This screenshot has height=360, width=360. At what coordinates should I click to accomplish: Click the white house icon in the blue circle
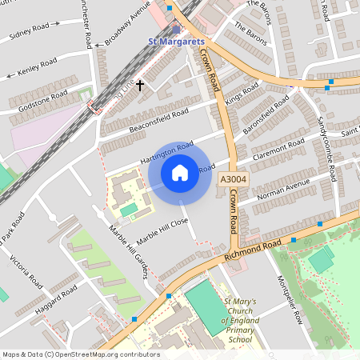pos(180,172)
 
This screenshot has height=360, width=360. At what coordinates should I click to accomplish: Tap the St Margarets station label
pos(178,41)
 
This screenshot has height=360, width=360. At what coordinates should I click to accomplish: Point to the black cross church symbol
pos(140,84)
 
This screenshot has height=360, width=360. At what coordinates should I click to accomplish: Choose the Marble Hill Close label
pos(162,230)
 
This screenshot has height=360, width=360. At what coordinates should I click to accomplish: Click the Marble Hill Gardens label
pos(129,252)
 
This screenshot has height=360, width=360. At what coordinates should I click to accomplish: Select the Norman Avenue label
pos(283,189)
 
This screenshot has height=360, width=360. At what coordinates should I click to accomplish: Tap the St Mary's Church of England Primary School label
pos(240,319)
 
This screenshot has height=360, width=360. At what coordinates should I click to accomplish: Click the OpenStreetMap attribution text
pos(80,354)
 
